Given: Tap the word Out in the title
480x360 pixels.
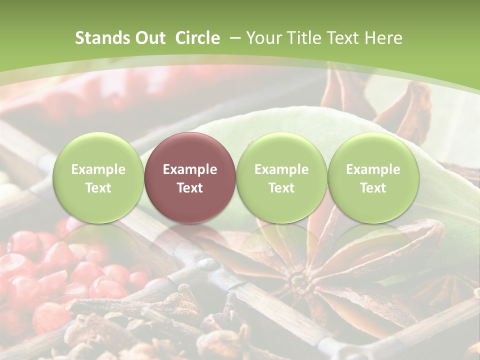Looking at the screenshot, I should (x=148, y=38).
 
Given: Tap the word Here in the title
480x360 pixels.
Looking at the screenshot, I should (x=384, y=38).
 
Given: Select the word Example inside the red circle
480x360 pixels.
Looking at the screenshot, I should (x=189, y=169).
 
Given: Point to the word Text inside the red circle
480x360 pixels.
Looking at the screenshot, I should (x=189, y=188).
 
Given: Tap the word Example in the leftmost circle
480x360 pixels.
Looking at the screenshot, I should (x=98, y=169).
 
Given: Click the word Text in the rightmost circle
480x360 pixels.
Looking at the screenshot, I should (x=373, y=188).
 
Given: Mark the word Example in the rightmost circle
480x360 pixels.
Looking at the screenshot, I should (x=373, y=169).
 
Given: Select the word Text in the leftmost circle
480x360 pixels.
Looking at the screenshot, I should (x=98, y=188).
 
